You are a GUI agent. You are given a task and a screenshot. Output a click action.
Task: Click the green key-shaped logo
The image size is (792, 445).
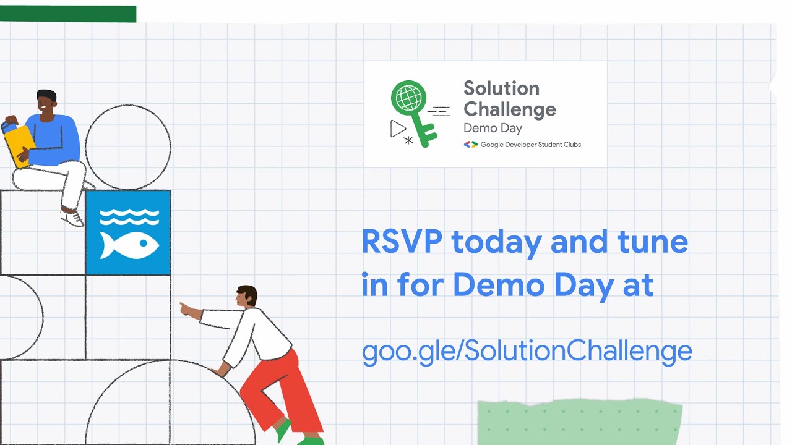click(411, 111)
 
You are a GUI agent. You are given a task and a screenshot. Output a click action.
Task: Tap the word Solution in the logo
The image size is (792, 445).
click(501, 88)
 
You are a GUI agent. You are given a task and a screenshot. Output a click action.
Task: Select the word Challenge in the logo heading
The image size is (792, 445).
click(510, 109)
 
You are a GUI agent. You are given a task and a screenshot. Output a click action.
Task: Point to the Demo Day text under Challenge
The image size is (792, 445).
click(493, 129)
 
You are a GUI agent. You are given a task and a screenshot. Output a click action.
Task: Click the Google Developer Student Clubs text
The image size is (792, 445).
click(530, 145)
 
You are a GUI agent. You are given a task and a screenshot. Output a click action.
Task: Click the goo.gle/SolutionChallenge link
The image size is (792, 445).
click(527, 351)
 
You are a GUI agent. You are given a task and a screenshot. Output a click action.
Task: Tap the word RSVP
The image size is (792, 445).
click(401, 241)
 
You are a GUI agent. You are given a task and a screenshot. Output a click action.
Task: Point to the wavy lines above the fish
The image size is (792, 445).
click(129, 216)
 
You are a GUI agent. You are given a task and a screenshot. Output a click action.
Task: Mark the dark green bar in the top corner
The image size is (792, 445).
click(68, 14)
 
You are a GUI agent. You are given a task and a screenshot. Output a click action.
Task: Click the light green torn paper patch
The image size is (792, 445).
click(579, 423)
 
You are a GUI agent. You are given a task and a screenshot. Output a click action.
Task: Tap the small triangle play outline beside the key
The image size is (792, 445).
click(398, 128)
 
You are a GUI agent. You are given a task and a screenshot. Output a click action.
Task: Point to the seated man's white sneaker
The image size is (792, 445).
click(72, 218)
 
